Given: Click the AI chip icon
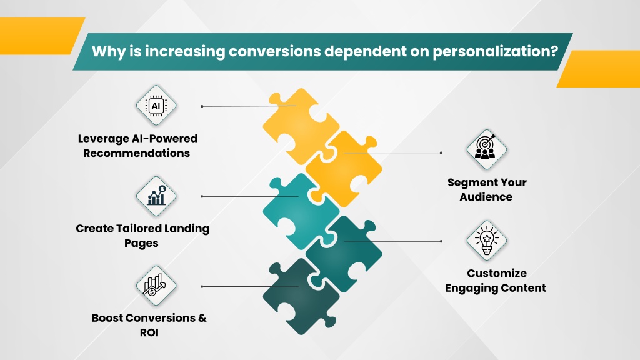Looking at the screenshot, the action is point(156,106).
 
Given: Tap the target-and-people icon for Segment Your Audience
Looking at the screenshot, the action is point(486,149).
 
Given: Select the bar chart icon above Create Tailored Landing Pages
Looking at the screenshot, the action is point(156,196).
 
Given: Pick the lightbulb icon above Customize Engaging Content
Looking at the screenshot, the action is point(486,241).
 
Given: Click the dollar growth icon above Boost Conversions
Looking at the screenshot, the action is point(155,285).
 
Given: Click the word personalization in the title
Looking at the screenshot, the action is point(495,51).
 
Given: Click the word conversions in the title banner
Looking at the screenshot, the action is point(274,51).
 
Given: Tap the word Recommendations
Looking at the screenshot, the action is point(137,153).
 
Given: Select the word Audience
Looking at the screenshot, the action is point(486,197).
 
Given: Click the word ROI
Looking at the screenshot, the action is point(149,332).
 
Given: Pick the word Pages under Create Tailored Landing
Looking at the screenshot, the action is point(141,243).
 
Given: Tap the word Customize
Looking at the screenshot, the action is point(497,273).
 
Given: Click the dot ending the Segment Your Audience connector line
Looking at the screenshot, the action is point(441,153).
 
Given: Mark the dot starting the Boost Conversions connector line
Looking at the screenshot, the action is point(202,286).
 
